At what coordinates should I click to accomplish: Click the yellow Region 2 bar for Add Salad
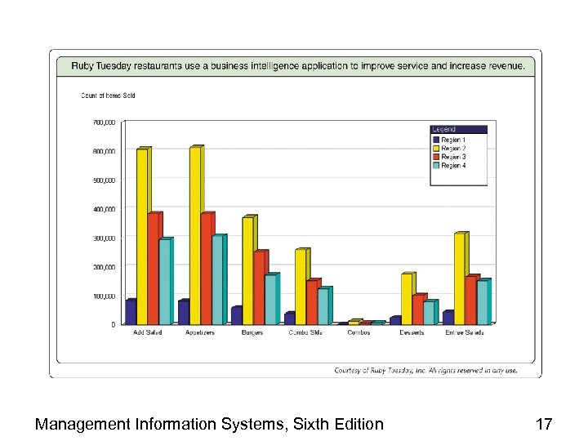pyautogui.click(x=142, y=237)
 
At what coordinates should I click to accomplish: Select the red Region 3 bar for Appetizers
pyautogui.click(x=207, y=269)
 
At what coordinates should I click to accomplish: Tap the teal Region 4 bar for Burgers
pyautogui.click(x=270, y=300)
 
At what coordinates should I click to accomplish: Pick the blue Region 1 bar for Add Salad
pyautogui.click(x=130, y=313)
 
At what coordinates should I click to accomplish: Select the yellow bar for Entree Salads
pyautogui.click(x=460, y=278)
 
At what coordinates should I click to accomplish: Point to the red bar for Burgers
pyautogui.click(x=259, y=287)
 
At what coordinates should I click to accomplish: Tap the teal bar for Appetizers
pyautogui.click(x=218, y=280)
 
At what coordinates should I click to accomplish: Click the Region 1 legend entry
pyautogui.click(x=453, y=140)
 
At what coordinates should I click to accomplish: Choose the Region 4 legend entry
pyautogui.click(x=453, y=166)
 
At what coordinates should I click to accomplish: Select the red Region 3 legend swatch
pyautogui.click(x=436, y=157)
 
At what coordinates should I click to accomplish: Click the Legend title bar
pyautogui.click(x=458, y=129)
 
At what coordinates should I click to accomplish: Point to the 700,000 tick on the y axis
pyautogui.click(x=104, y=122)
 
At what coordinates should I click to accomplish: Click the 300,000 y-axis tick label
pyautogui.click(x=104, y=238)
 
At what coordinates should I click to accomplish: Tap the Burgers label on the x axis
pyautogui.click(x=252, y=332)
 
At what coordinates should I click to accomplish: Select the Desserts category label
pyautogui.click(x=411, y=332)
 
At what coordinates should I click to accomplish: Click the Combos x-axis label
pyautogui.click(x=359, y=332)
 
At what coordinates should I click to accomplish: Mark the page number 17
pyautogui.click(x=543, y=424)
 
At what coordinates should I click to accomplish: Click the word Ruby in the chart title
pyautogui.click(x=83, y=65)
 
